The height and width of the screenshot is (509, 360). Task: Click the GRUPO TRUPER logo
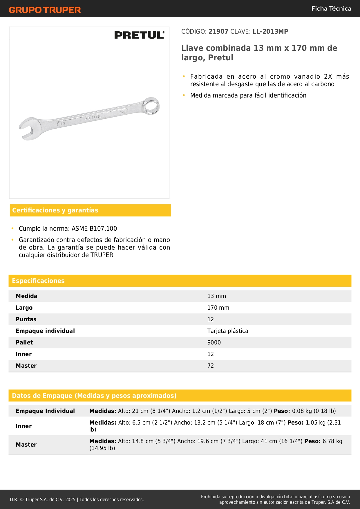click(45, 10)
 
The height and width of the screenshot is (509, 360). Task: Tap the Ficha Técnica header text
click(331, 9)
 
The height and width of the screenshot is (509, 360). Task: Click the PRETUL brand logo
click(139, 35)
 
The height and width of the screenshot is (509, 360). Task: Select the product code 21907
click(218, 32)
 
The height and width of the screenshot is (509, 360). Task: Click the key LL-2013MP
click(270, 32)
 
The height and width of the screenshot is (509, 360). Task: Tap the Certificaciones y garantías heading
click(55, 210)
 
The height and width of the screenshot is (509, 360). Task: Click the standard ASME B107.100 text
click(94, 229)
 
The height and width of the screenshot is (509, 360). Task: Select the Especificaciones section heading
click(38, 281)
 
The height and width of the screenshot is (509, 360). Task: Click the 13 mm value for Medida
click(216, 296)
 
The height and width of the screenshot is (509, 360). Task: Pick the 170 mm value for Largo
click(218, 308)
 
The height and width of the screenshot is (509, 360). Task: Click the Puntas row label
click(26, 319)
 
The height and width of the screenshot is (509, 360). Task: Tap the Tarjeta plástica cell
click(228, 331)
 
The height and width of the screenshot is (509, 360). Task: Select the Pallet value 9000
click(214, 342)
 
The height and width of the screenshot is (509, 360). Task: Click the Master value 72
click(211, 366)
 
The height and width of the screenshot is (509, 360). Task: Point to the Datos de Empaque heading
click(94, 396)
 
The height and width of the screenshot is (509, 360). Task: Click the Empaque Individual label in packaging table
click(45, 411)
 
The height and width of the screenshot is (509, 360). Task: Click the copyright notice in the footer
click(77, 499)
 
